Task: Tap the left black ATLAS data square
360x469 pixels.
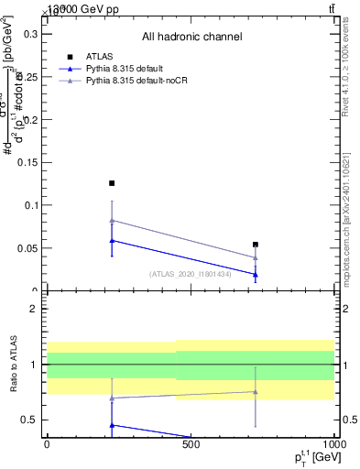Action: pyautogui.click(x=112, y=183)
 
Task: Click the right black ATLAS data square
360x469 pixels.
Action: pyautogui.click(x=256, y=245)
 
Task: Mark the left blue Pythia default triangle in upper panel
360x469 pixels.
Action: pyautogui.click(x=112, y=240)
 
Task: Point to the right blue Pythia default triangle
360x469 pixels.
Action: pyautogui.click(x=256, y=274)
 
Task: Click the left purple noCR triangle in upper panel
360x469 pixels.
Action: pyautogui.click(x=112, y=220)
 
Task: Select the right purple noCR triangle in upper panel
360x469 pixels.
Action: pyautogui.click(x=256, y=257)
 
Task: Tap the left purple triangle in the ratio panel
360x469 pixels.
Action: pyautogui.click(x=112, y=398)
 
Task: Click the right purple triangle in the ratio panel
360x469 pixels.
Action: pyautogui.click(x=256, y=392)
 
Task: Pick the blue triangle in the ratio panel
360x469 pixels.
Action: pyautogui.click(x=112, y=425)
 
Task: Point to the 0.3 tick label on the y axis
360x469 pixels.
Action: pyautogui.click(x=28, y=34)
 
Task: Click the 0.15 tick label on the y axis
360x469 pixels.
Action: pyautogui.click(x=26, y=162)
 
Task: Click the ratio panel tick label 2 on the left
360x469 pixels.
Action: pyautogui.click(x=33, y=309)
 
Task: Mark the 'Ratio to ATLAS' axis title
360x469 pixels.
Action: pyautogui.click(x=12, y=364)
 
